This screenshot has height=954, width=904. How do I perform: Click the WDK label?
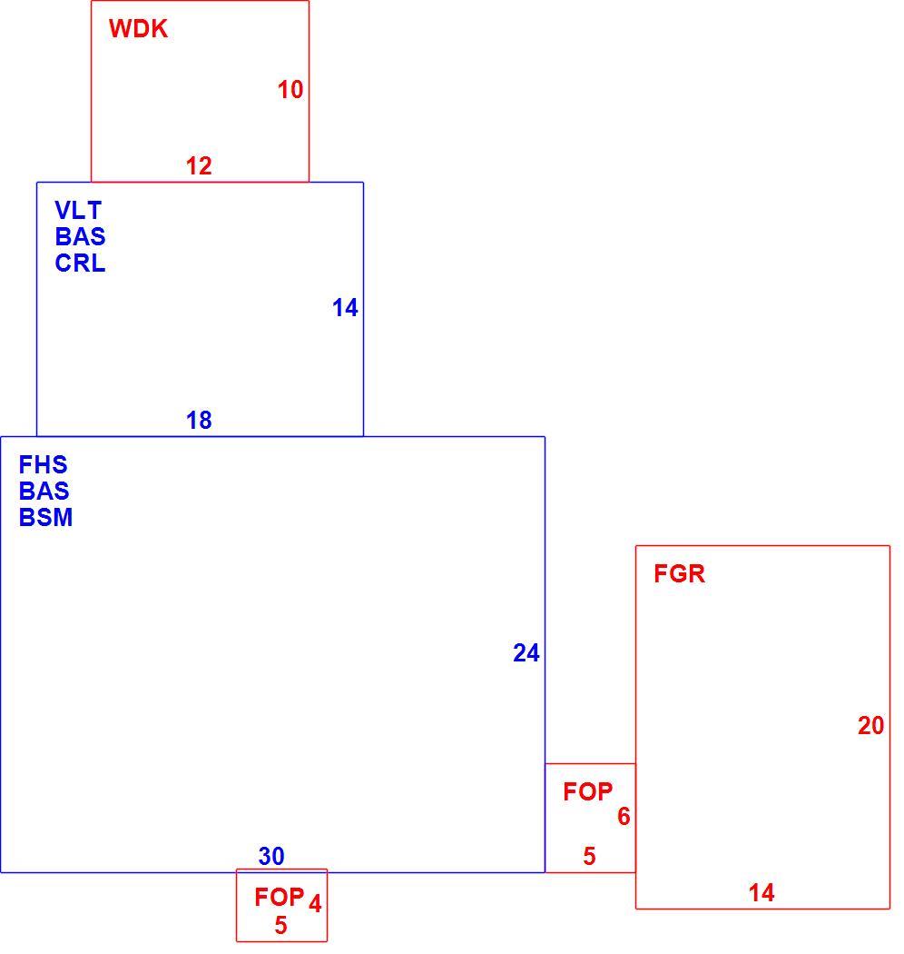tap(138, 29)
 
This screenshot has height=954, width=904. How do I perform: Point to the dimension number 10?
tap(290, 89)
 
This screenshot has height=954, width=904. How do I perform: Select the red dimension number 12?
tap(199, 166)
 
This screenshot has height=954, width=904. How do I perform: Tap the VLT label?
tap(78, 211)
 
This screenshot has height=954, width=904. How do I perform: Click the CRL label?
tap(80, 263)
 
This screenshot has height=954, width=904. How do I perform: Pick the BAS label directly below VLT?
tap(80, 236)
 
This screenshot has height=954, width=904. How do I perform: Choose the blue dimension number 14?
tap(345, 308)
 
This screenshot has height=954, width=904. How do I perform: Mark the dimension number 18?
tap(199, 421)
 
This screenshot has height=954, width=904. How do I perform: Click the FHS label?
tap(43, 465)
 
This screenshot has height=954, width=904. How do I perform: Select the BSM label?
tap(45, 517)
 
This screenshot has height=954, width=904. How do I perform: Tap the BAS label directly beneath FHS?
tap(44, 491)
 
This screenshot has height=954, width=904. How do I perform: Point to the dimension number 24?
tap(526, 653)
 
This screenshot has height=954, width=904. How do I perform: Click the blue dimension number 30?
tap(271, 857)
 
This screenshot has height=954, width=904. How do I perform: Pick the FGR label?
tap(679, 573)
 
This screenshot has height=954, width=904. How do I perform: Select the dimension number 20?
tap(870, 726)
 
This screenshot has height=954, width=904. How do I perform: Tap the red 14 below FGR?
tap(762, 893)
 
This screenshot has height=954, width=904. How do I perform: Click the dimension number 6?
tap(624, 817)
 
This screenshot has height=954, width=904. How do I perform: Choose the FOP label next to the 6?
tap(587, 791)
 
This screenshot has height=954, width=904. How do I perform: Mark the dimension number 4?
tap(315, 904)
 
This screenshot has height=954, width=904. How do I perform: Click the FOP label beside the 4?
tap(279, 897)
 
